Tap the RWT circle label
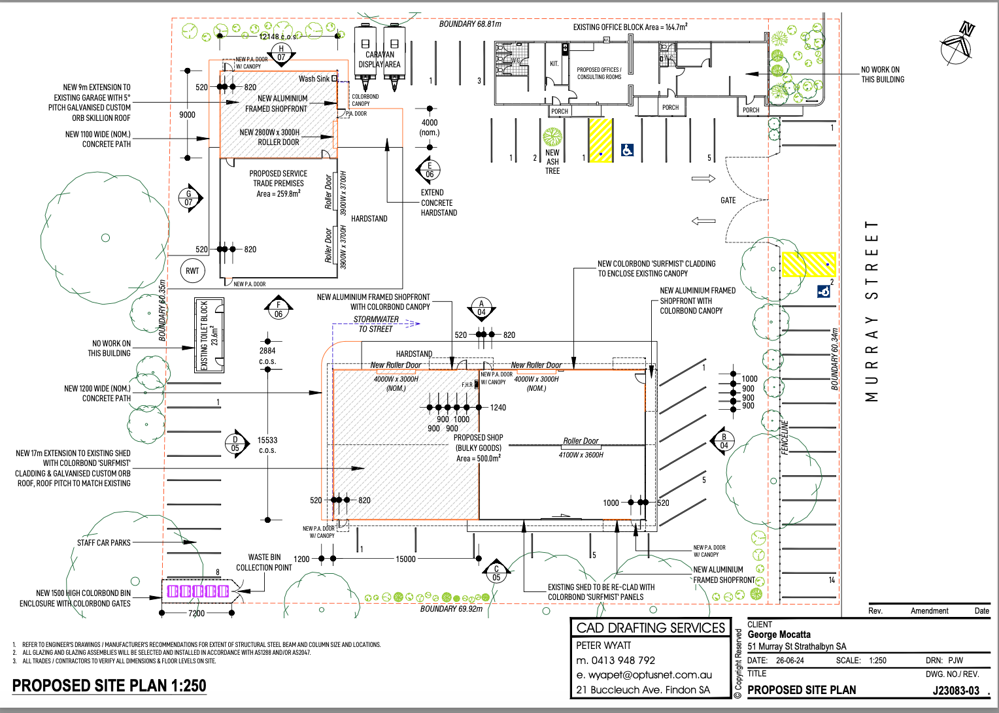(192, 271)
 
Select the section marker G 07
(190, 198)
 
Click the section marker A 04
(482, 308)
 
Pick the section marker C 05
(496, 573)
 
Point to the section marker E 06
(430, 170)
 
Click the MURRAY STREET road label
(872, 311)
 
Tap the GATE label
(728, 201)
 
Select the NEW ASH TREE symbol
(552, 137)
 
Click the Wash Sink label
(314, 78)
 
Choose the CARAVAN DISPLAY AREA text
(380, 59)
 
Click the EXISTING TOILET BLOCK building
(209, 335)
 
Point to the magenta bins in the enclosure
(198, 591)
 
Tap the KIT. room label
(554, 63)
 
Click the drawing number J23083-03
(955, 690)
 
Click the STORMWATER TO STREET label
(376, 324)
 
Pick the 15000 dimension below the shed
(405, 559)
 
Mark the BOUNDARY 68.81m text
(470, 24)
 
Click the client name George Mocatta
(779, 635)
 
